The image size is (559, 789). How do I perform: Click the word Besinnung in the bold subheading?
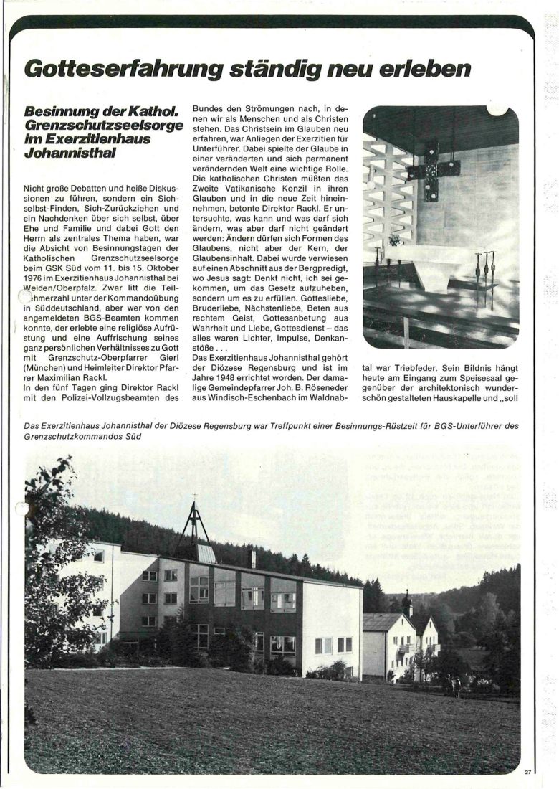click(60, 113)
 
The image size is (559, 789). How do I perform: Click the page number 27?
click(528, 773)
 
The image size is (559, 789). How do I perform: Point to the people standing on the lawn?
click(454, 685)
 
